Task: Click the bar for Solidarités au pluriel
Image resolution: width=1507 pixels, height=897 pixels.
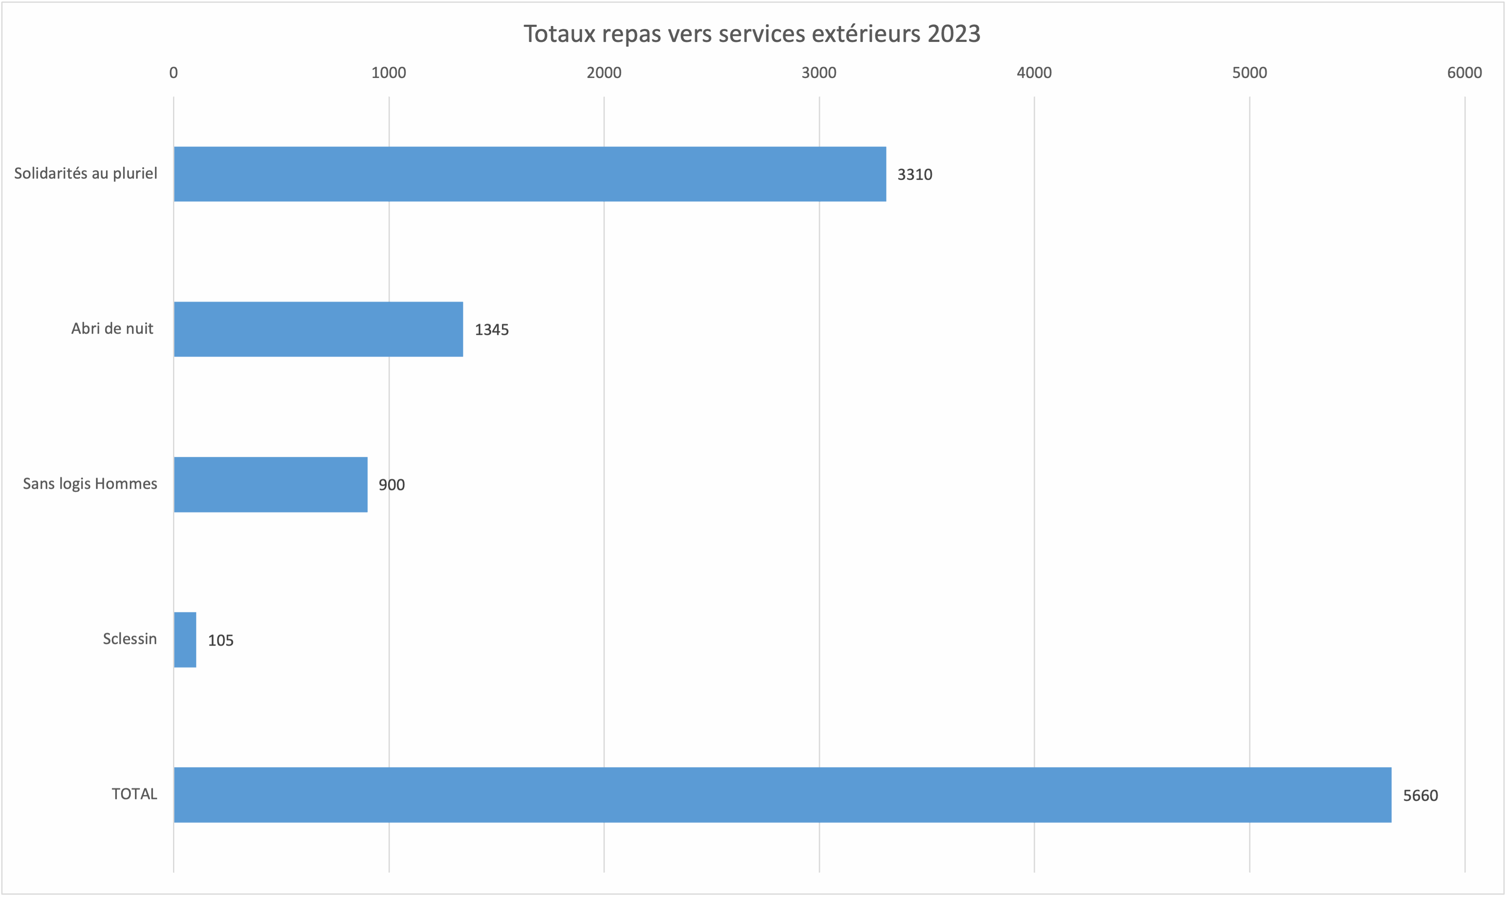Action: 530,174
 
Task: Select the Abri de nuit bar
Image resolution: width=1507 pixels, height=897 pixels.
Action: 318,329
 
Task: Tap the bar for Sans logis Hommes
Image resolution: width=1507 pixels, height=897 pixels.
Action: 271,485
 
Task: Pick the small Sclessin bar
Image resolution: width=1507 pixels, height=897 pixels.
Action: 185,640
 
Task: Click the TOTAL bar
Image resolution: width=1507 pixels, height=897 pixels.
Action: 782,795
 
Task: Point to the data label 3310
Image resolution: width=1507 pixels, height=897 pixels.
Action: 915,175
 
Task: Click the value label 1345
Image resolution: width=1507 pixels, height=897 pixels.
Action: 492,330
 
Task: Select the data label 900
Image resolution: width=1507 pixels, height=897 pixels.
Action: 391,485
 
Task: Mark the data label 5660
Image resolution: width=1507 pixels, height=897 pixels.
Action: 1420,796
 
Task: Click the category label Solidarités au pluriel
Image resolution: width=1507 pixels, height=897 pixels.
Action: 86,174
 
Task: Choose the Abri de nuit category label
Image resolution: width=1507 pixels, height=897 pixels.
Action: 112,329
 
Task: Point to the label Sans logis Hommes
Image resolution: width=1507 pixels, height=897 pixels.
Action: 90,484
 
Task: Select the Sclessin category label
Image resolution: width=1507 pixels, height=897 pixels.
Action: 130,639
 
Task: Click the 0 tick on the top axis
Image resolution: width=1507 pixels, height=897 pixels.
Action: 173,73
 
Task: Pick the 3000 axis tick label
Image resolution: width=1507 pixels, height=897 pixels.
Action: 819,73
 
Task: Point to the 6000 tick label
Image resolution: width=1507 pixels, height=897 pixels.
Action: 1464,73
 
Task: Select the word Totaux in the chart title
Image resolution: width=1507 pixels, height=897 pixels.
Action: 559,34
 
